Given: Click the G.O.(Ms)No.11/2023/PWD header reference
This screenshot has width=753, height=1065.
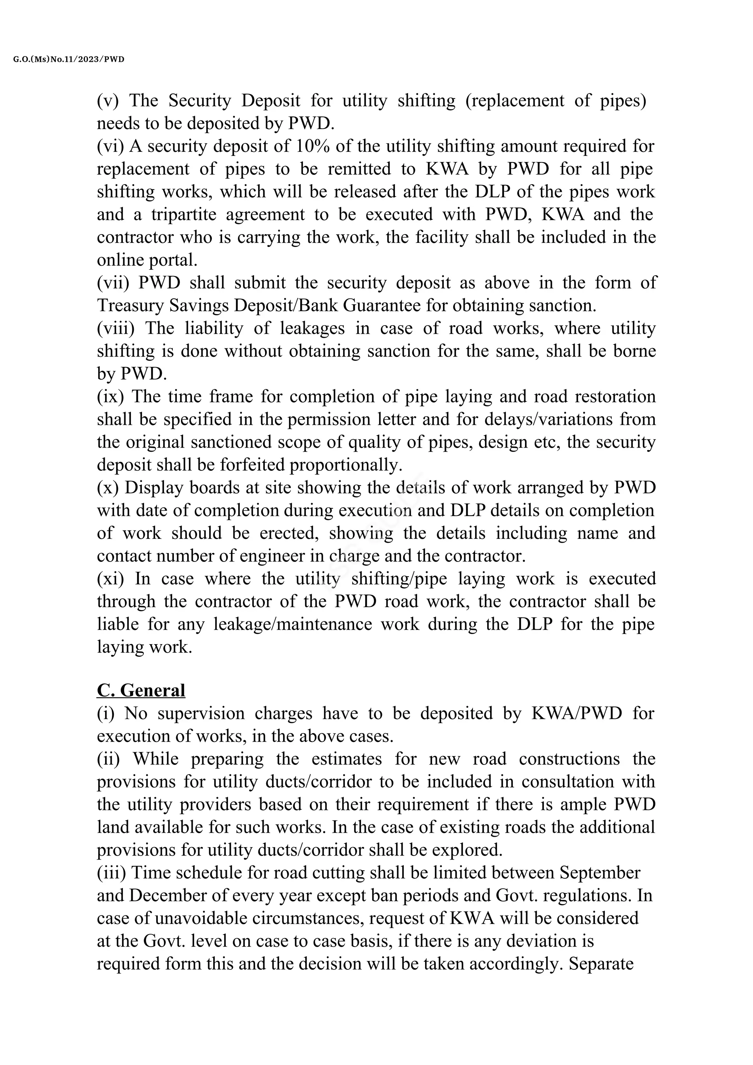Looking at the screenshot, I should (69, 60).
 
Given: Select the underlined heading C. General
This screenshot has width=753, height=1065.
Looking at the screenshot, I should (141, 690).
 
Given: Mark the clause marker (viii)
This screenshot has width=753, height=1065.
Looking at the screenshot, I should (115, 329).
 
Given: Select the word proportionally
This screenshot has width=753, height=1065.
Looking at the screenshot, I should (346, 465).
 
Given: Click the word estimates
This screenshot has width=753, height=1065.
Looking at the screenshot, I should (347, 759).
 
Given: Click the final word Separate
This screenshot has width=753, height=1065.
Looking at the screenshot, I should (601, 964).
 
